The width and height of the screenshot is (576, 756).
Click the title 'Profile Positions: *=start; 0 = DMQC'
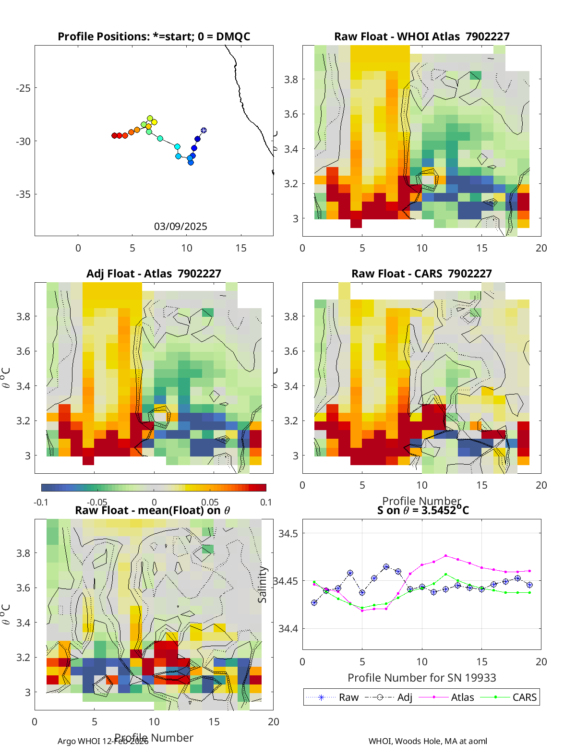(x=154, y=36)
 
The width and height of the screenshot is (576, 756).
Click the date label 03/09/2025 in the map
(x=180, y=227)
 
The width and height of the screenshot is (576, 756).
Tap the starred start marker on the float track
(x=204, y=130)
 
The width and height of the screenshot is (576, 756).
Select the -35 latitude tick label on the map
(x=23, y=194)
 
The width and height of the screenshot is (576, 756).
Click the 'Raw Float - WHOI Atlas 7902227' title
(x=421, y=36)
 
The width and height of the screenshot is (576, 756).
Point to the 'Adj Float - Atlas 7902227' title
(x=154, y=274)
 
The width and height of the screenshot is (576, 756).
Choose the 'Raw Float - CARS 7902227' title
(x=421, y=274)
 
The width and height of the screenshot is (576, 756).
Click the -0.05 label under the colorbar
(x=97, y=502)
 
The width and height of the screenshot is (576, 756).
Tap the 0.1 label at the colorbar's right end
(x=266, y=502)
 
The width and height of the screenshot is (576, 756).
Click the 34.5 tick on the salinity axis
(x=288, y=533)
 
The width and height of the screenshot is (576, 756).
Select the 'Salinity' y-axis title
(x=262, y=584)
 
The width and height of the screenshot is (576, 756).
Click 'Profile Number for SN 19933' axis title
(x=421, y=678)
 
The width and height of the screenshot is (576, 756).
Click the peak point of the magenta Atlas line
(x=446, y=555)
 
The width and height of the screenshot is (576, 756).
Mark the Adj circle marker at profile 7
(x=386, y=567)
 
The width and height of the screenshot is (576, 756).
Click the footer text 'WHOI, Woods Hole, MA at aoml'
(x=428, y=741)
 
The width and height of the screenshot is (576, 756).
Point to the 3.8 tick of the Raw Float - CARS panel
(x=291, y=316)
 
